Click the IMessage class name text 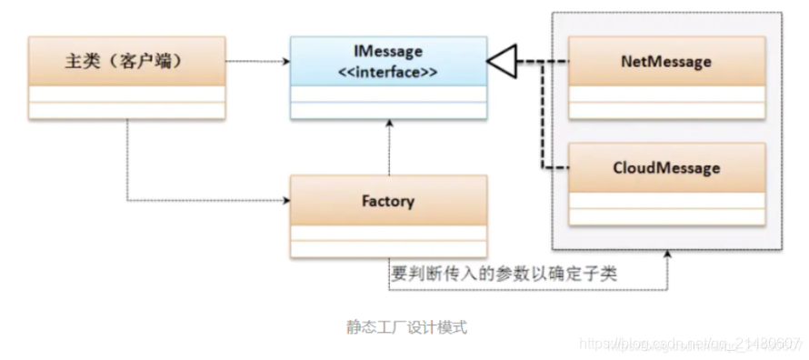point(388,53)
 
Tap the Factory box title point(388,201)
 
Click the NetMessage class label point(667,62)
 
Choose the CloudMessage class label point(667,168)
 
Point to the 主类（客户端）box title point(126,62)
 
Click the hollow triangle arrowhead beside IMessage point(500,62)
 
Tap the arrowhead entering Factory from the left point(284,201)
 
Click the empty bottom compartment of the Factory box point(388,249)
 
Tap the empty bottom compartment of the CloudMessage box point(667,216)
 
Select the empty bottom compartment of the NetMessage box point(667,111)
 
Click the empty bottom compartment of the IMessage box point(388,110)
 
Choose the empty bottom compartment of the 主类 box point(126,110)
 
